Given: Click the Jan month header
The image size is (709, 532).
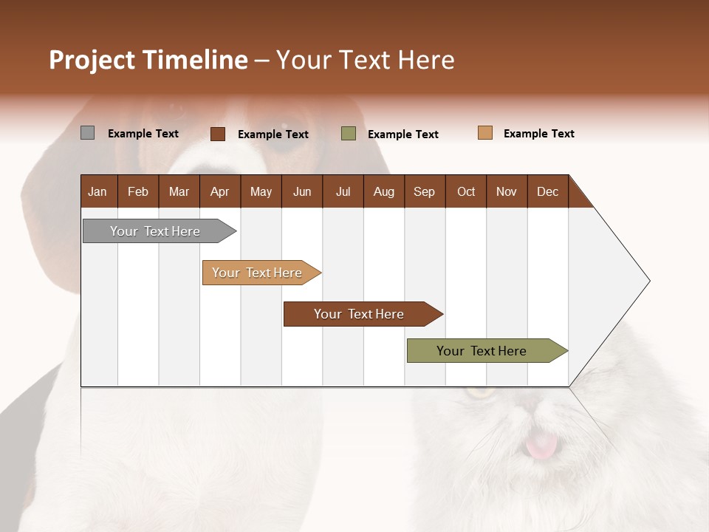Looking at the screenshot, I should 98,191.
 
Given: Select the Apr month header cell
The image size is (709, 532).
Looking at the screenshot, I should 220,191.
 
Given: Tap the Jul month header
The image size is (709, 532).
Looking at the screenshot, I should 343,191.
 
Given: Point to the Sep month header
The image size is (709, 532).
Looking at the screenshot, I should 424,191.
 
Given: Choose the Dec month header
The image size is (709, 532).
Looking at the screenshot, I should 547,191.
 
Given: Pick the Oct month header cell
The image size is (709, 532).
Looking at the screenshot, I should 466,191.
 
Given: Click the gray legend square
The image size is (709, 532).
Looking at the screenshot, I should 87,133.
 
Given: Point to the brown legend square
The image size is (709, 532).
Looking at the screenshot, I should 218,134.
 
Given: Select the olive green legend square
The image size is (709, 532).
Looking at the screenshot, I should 349,133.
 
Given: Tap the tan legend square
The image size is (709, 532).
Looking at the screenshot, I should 485,133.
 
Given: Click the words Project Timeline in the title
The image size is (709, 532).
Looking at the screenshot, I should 148,60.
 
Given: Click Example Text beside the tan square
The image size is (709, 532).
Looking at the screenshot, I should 538,134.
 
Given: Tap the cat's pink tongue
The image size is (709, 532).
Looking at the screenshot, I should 542,445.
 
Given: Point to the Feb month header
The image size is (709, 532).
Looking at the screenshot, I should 138,191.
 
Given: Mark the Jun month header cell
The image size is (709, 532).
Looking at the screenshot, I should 302,191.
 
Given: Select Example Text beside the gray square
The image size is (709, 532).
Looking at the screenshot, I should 143,134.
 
